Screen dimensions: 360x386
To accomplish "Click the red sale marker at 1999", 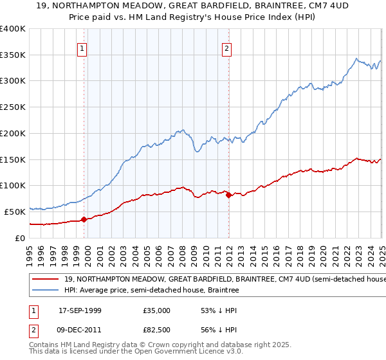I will [84, 220].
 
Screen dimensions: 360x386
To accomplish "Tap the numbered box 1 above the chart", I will [83, 47].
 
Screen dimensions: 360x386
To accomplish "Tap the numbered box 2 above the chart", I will [228, 47].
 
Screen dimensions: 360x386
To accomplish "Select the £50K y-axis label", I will [15, 212].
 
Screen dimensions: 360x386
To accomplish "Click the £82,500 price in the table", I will [156, 328].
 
